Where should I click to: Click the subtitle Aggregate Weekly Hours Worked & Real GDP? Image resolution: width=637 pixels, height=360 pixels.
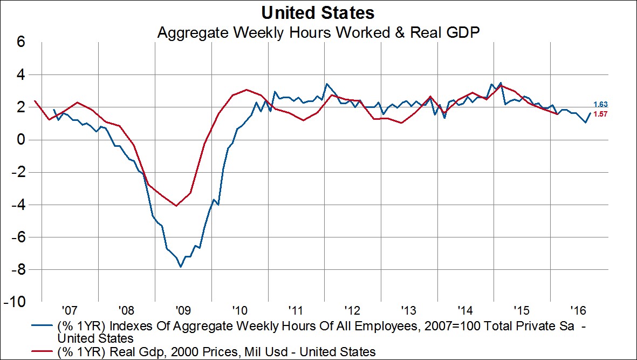coord(318,32)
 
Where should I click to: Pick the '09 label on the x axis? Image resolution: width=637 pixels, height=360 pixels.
coord(183,311)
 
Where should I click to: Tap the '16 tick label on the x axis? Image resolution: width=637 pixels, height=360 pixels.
coord(578,311)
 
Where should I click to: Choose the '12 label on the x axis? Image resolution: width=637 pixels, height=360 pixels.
coord(352,311)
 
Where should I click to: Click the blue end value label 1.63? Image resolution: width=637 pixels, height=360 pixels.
coord(601,105)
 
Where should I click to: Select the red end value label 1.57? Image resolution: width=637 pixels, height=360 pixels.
coord(601,114)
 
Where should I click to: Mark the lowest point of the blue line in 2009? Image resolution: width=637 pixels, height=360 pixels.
coord(181,267)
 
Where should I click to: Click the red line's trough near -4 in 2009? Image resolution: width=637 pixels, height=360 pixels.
coord(176,206)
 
